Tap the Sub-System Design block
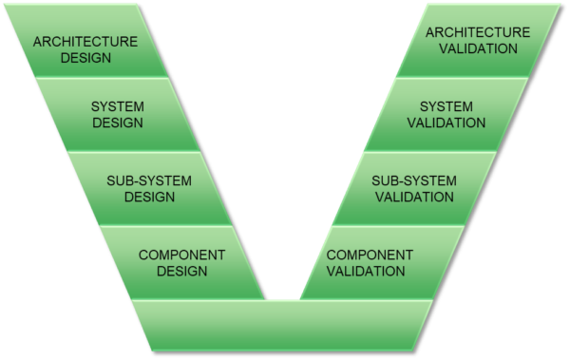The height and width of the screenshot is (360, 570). pos(149,188)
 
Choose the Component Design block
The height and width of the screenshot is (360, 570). pos(180,262)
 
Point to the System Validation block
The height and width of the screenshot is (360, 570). pos(446,114)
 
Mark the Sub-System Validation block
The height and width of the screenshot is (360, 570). pos(413,188)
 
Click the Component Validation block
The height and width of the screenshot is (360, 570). pos(370,262)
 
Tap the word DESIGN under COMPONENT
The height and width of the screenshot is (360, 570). pos(181,271)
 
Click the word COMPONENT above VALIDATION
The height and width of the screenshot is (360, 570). pos(370,255)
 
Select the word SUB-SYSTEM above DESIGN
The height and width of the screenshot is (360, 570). pos(149,180)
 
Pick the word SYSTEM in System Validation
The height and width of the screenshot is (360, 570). pos(446,106)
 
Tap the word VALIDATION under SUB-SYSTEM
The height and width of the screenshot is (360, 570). pos(413,197)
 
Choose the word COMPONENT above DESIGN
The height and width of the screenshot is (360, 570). pos(181,255)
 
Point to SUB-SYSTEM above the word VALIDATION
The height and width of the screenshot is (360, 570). pos(413,180)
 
